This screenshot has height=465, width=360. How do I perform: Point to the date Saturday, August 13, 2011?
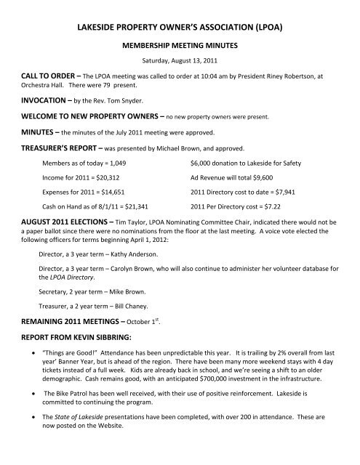point(180,60)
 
